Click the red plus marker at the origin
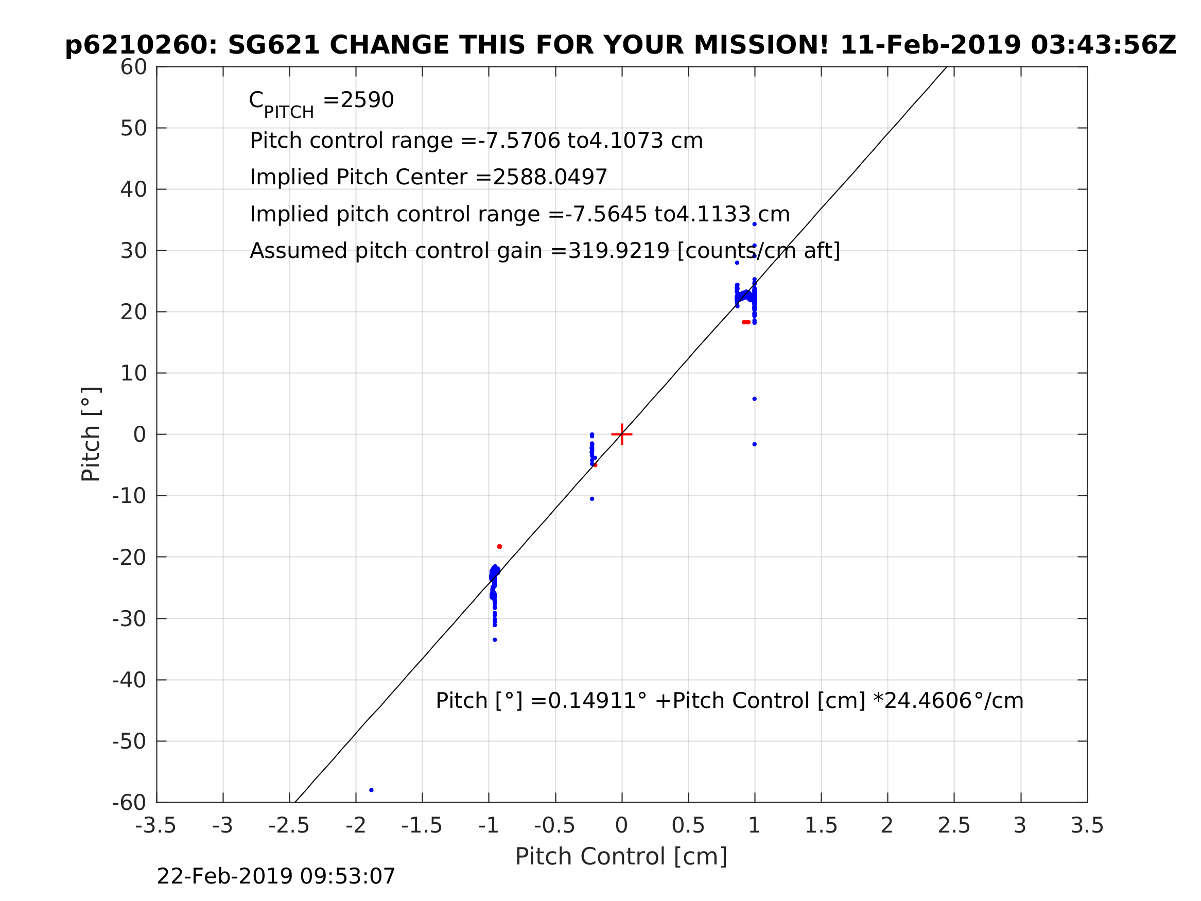point(622,435)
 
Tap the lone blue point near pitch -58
point(371,790)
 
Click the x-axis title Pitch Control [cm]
point(621,857)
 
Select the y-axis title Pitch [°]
point(91,434)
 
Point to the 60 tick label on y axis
point(133,67)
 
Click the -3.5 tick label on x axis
point(156,826)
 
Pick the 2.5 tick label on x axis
point(954,826)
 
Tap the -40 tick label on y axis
point(129,680)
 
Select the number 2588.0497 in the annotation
point(549,177)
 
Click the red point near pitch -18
point(499,546)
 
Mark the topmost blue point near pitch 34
point(754,224)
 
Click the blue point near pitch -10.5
point(592,498)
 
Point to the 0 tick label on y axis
point(140,435)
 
